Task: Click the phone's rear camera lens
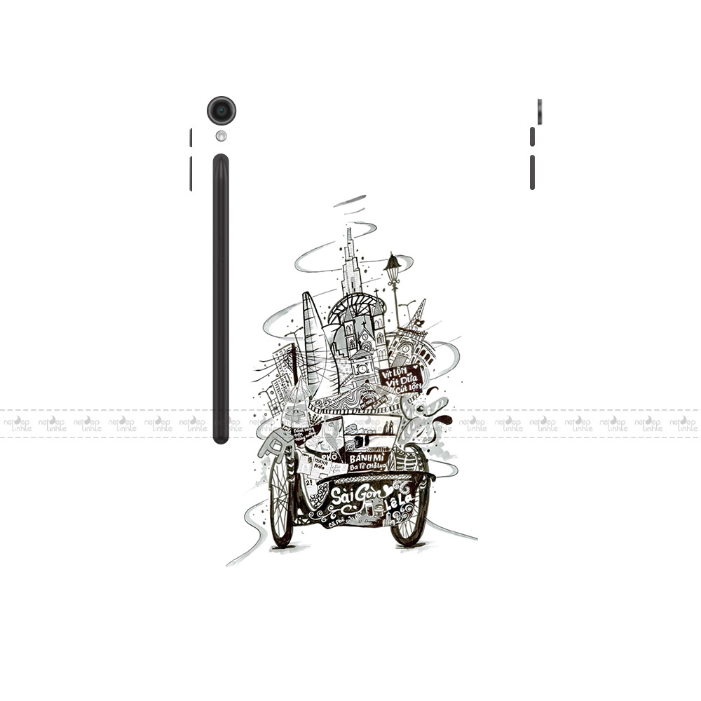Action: click(x=222, y=111)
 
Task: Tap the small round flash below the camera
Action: click(x=222, y=136)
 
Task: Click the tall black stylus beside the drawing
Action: click(x=221, y=299)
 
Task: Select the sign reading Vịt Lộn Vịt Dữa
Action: click(x=400, y=379)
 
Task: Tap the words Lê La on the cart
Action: click(x=404, y=500)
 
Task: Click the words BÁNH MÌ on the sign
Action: click(x=367, y=457)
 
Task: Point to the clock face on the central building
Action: click(x=362, y=369)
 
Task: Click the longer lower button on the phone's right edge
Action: click(x=532, y=172)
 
